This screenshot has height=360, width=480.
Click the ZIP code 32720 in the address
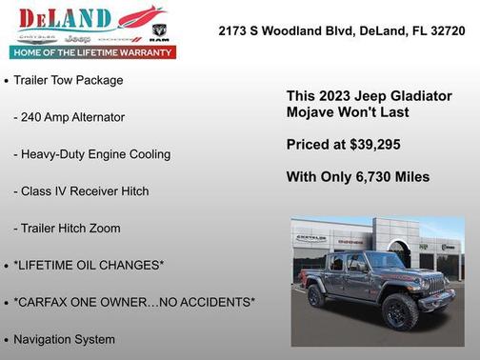tap(448, 30)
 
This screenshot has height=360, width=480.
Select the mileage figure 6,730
tap(370, 177)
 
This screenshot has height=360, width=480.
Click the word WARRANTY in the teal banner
tap(146, 52)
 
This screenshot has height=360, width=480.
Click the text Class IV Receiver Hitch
tap(81, 191)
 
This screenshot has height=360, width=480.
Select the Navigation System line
tap(64, 339)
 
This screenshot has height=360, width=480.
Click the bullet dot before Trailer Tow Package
tap(7, 82)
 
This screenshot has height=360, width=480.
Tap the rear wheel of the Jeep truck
tap(316, 296)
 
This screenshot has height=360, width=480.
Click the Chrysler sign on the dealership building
tap(311, 238)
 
